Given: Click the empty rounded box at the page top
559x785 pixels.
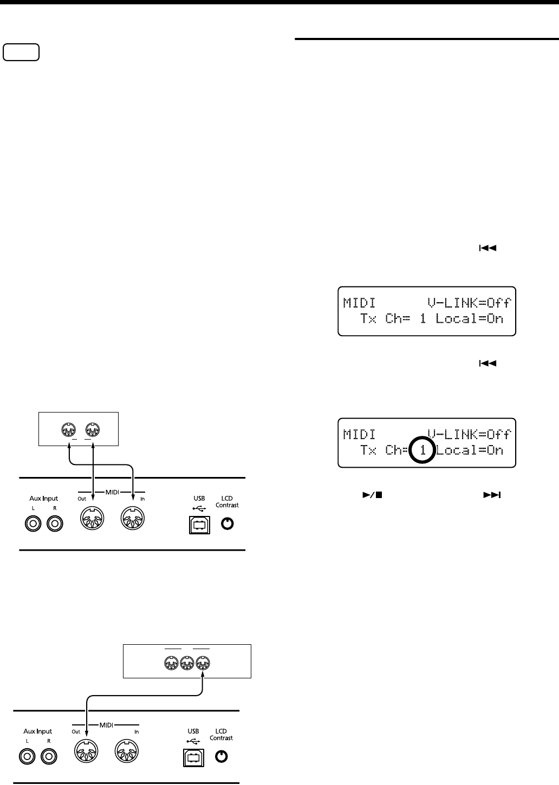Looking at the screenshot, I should [x=21, y=53].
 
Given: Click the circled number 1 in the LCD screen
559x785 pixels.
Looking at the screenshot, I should [x=422, y=450].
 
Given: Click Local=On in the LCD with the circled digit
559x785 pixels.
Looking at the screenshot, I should [x=470, y=450].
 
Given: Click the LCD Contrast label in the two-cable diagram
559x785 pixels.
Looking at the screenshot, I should [x=227, y=501].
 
